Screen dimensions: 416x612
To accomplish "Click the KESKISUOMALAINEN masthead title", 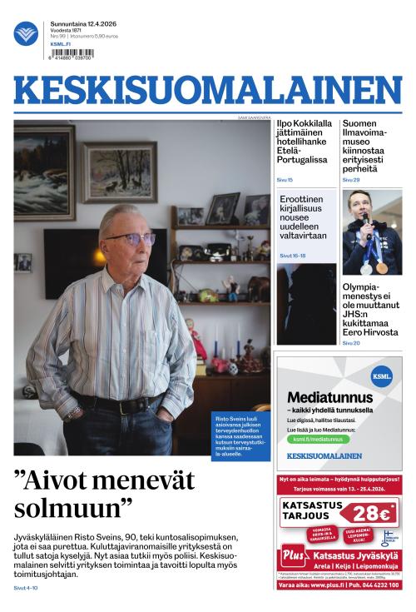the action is (207, 92).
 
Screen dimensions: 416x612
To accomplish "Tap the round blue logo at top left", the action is (26, 33).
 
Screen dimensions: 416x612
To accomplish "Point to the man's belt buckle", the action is (126, 407).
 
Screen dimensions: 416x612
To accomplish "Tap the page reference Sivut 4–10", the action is (26, 589).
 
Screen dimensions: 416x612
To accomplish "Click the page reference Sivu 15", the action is (285, 180).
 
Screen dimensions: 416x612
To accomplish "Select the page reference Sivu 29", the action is (351, 180).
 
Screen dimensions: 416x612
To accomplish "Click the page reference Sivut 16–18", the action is (293, 256).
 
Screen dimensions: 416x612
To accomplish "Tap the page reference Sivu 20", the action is (351, 343).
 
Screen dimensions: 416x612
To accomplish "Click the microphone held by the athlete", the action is (364, 225).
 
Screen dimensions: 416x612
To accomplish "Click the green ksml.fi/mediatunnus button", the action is (317, 439).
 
